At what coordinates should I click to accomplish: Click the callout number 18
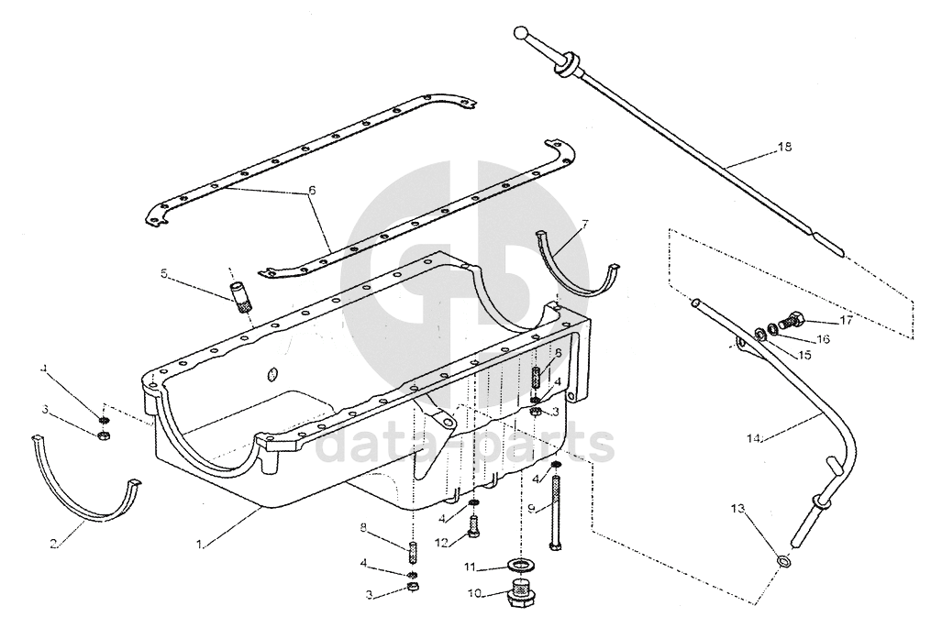pyautogui.click(x=784, y=147)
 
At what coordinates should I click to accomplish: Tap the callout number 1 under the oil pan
pyautogui.click(x=200, y=544)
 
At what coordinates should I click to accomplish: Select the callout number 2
pyautogui.click(x=53, y=544)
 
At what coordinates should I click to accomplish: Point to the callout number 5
pyautogui.click(x=164, y=273)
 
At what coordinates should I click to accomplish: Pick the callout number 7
pyautogui.click(x=585, y=225)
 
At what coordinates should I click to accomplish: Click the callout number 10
pyautogui.click(x=475, y=593)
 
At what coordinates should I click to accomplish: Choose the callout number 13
pyautogui.click(x=737, y=509)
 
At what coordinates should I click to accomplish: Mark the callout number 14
pyautogui.click(x=753, y=438)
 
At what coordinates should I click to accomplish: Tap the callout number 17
pyautogui.click(x=846, y=321)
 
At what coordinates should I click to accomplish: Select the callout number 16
pyautogui.click(x=823, y=339)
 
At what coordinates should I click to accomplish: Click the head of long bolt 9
pyautogui.click(x=555, y=545)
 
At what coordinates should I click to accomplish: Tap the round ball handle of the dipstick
pyautogui.click(x=521, y=33)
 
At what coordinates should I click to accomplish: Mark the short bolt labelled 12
pyautogui.click(x=473, y=526)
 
